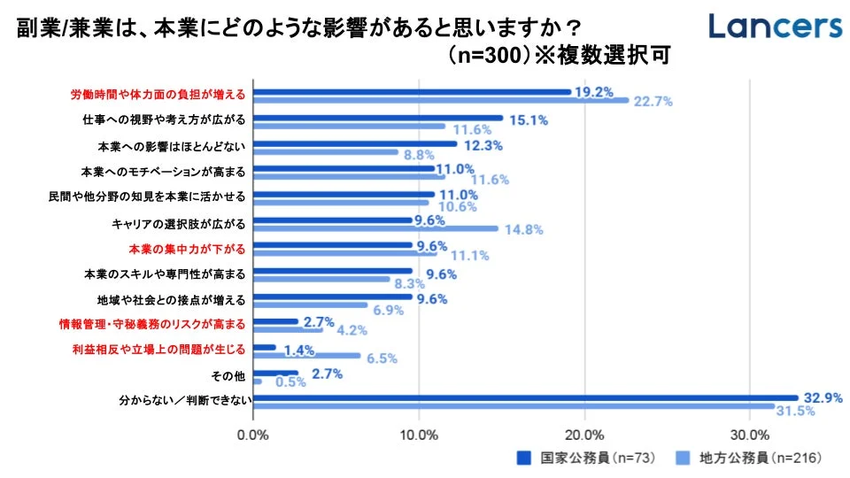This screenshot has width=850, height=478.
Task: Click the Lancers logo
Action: click(775, 26)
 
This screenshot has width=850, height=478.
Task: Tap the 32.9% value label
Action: click(820, 397)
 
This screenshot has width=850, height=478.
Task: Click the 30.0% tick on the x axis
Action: click(750, 436)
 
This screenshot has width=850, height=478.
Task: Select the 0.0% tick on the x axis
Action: click(253, 436)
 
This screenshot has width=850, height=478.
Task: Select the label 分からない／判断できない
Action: click(187, 401)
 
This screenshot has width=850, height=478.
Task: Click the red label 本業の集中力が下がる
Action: click(193, 247)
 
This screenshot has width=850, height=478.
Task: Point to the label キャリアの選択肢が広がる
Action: click(184, 221)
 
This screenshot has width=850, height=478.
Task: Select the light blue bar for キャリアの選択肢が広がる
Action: click(375, 227)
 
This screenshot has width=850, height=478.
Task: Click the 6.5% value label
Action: click(381, 358)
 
